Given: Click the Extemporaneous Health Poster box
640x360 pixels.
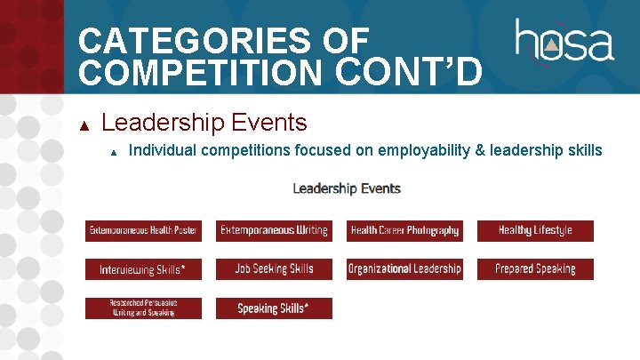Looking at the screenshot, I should [143, 231].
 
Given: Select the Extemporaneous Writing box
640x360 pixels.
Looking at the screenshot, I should [274, 231].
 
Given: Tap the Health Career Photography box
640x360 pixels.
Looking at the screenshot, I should [404, 231].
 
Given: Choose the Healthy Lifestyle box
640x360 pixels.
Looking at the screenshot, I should [535, 231].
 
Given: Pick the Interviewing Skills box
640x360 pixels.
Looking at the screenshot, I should [143, 269].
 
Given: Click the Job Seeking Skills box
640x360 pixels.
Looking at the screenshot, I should [274, 269].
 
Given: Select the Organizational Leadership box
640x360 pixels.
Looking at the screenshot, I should [404, 269].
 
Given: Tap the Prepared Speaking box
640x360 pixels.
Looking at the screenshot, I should [535, 269].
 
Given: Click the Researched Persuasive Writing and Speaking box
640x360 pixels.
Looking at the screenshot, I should [143, 308].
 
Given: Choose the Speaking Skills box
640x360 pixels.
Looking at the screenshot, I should [274, 308].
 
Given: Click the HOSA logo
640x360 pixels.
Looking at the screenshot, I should [564, 42].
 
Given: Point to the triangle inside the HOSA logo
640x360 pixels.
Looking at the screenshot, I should [552, 44].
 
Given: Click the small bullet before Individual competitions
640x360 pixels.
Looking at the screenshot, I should [114, 152].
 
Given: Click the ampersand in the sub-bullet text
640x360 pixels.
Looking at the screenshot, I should [481, 150].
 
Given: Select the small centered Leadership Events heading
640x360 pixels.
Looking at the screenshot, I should [347, 188].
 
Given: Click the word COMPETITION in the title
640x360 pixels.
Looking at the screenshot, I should [204, 71].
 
